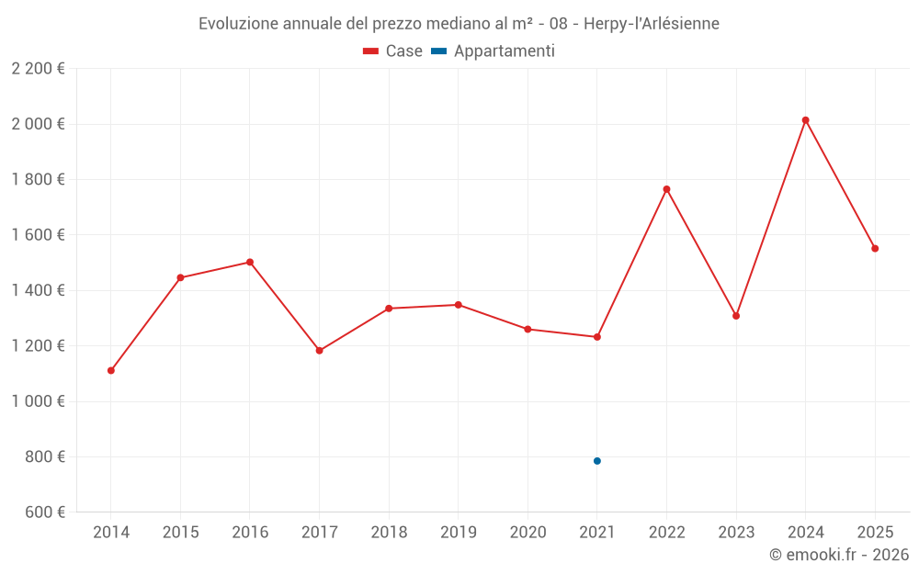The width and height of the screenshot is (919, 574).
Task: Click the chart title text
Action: pos(459,23)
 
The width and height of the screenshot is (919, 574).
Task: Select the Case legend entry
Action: pos(392,51)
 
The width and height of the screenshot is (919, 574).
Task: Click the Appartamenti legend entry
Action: pos(494,51)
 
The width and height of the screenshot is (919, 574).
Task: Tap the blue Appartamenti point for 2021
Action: pos(597,461)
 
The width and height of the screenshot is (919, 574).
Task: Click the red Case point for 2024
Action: pos(805,120)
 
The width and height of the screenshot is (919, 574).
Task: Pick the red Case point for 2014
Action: pos(111,371)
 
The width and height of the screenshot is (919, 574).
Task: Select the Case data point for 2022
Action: pos(666,189)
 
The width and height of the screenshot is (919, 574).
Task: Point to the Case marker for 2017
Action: pos(320,351)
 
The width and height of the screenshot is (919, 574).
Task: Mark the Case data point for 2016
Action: pos(250,262)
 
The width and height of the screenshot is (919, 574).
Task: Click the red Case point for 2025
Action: pos(875,248)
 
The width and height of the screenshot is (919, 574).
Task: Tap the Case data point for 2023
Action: pos(736,316)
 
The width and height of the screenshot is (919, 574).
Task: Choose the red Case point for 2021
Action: pos(597,337)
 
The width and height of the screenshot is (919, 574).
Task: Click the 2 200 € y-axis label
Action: pos(38,69)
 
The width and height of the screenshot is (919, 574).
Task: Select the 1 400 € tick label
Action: pos(38,290)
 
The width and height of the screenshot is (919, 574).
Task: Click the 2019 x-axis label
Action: pos(459,533)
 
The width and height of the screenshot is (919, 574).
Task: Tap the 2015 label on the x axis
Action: pos(180,533)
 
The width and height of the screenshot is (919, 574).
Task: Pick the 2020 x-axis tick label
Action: pos(528,533)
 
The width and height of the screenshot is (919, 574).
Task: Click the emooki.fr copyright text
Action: pos(838,555)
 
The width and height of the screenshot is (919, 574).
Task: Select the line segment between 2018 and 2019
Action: pos(424,307)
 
